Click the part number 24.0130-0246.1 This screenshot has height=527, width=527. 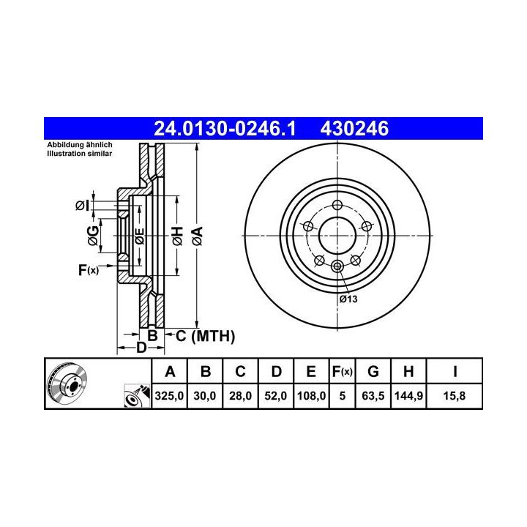coord(225,129)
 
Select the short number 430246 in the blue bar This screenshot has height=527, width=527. coord(354,129)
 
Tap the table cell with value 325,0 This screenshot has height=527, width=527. coord(169,395)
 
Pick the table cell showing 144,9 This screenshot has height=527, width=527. coord(408,395)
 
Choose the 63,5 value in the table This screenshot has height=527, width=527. coord(373,395)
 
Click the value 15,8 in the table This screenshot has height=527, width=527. coord(455,395)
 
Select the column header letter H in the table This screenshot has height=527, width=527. coord(408,371)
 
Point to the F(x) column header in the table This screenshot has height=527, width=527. coord(342,371)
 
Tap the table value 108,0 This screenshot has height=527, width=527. coord(311,395)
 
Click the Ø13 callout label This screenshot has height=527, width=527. coord(348,299)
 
